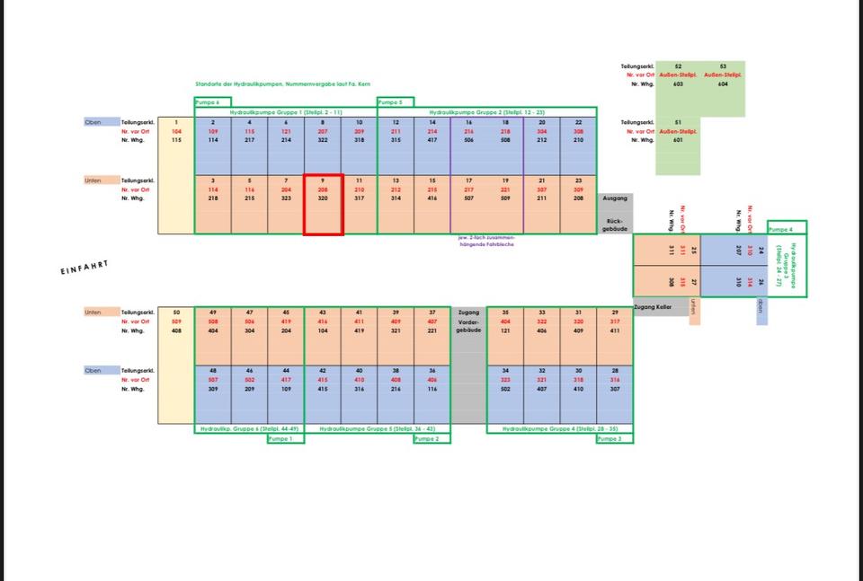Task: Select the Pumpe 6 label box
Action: tap(212, 102)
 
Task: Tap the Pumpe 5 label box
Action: tap(395, 102)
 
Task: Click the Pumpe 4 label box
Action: tap(787, 228)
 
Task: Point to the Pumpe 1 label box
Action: tap(285, 438)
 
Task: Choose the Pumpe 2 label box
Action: tap(431, 438)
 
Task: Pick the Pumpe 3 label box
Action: tap(614, 438)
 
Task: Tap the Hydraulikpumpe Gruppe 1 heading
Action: tap(285, 112)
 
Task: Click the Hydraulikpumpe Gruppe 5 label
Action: tap(377, 429)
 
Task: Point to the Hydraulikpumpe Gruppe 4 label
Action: tap(559, 429)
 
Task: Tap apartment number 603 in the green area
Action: tap(678, 84)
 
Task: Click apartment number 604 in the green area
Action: tap(722, 84)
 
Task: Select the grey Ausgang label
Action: tap(615, 198)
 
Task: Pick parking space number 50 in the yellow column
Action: tap(176, 312)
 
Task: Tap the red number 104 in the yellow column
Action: tap(176, 131)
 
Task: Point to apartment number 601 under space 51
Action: tap(678, 139)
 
